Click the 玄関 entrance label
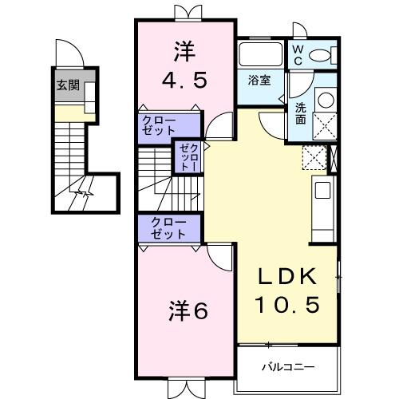[67, 85]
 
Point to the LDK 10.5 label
[288, 290]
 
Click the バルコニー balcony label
[288, 367]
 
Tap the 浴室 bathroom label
[258, 80]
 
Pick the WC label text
[296, 54]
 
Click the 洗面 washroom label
[300, 113]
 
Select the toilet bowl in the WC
[323, 55]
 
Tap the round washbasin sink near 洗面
[325, 101]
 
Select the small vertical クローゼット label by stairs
[187, 157]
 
